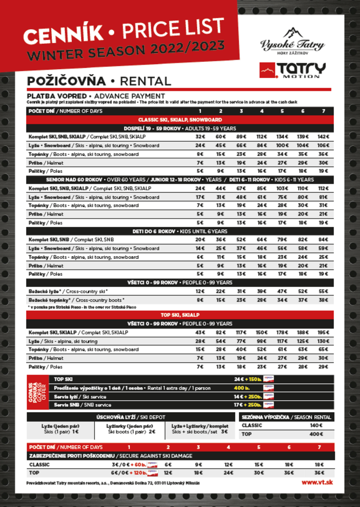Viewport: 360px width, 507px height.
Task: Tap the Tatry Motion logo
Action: click(292, 70)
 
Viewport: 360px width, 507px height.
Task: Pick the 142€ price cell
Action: click(323, 136)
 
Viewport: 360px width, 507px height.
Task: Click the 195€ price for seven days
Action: click(323, 333)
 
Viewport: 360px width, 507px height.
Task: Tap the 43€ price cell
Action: click(200, 333)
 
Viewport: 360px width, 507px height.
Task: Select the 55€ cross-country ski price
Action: click(323, 292)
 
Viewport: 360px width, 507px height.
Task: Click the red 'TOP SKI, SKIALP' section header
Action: click(180, 315)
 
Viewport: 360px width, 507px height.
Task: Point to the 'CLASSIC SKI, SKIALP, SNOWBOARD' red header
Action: click(180, 120)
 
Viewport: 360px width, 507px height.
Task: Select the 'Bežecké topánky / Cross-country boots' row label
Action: click(76, 300)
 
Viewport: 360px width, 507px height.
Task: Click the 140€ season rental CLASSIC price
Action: click(315, 425)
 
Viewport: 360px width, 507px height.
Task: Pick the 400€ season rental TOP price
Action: click(315, 434)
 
